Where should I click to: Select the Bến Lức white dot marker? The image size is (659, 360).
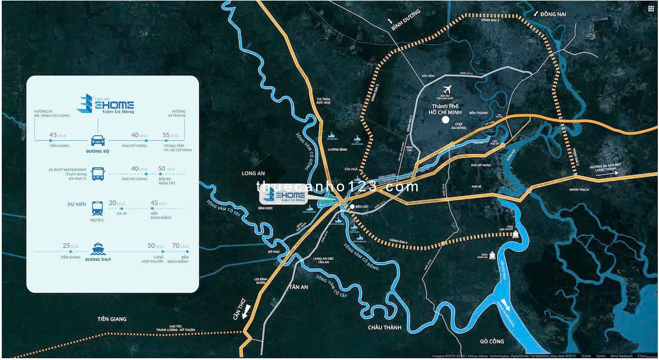[x=352, y=207]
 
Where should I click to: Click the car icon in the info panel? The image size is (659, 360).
[x=98, y=141]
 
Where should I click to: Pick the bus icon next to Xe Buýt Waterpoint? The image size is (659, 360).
[x=98, y=174]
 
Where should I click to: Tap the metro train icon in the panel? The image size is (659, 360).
[x=97, y=208]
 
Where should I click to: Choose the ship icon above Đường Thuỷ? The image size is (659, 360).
[x=97, y=249]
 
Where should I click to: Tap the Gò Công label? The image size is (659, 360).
[x=492, y=342]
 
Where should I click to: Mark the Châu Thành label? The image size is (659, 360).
[x=385, y=327]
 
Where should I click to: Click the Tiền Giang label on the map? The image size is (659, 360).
[x=112, y=319]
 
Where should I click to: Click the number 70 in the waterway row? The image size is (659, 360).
[x=176, y=246]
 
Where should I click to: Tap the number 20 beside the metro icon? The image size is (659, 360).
[x=113, y=203]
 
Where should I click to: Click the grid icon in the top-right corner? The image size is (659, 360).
[x=651, y=8]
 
